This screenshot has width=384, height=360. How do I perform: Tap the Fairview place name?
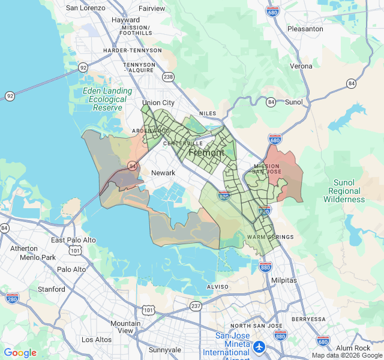point(152,8)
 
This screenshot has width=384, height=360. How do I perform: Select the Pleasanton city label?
point(305,28)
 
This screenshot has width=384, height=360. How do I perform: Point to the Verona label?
point(301,66)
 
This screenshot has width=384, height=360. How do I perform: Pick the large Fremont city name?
point(206,153)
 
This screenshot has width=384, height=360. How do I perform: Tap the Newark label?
point(163,173)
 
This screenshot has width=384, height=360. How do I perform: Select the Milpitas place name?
point(284,280)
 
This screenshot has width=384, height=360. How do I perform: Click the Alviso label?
point(217,287)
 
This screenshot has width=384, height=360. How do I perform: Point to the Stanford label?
point(52,289)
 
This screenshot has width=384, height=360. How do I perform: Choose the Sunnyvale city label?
point(164,350)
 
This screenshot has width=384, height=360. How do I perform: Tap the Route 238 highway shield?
point(168,76)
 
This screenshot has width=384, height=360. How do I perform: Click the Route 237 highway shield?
point(195,305)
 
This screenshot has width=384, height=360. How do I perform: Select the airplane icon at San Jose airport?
point(259,346)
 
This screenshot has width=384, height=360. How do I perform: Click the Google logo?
point(20,353)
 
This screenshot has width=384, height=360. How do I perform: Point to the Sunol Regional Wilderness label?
point(344,191)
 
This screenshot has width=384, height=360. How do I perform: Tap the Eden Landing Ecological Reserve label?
point(108,99)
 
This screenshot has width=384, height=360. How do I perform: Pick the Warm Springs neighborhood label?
point(270,237)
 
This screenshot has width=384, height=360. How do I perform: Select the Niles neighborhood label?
point(208,113)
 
